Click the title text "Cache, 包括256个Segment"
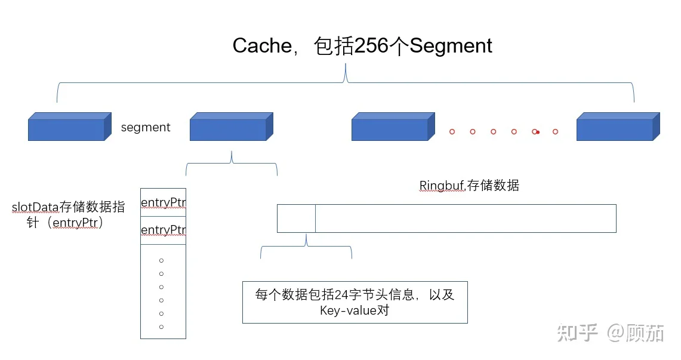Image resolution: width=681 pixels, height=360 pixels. pyautogui.click(x=362, y=46)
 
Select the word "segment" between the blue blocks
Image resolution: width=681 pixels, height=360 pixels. pyautogui.click(x=146, y=127)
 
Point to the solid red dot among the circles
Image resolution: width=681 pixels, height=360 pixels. pyautogui.click(x=538, y=132)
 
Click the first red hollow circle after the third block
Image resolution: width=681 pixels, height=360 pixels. pyautogui.click(x=452, y=131)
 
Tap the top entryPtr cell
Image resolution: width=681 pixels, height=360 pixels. pyautogui.click(x=163, y=203)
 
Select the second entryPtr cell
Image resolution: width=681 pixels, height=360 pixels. pyautogui.click(x=163, y=230)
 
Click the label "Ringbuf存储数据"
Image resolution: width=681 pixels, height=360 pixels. pyautogui.click(x=469, y=186)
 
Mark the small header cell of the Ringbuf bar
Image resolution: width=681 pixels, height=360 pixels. pyautogui.click(x=296, y=219)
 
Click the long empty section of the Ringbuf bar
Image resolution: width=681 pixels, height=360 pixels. pyautogui.click(x=466, y=219)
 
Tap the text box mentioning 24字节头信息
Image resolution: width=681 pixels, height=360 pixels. pyautogui.click(x=355, y=302)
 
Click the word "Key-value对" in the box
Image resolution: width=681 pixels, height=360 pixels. pyautogui.click(x=355, y=310)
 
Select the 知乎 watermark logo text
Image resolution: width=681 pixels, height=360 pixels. pyautogui.click(x=577, y=333)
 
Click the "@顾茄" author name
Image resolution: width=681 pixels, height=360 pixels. pyautogui.click(x=636, y=333)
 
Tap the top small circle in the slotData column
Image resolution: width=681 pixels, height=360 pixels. pyautogui.click(x=161, y=261)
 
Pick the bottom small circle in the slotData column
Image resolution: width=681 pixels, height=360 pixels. pyautogui.click(x=161, y=327)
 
